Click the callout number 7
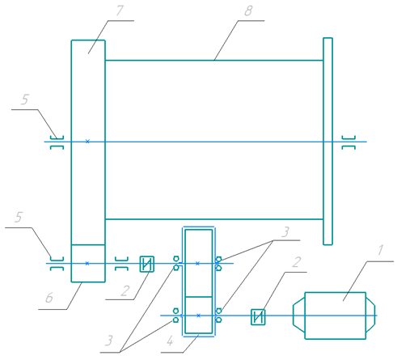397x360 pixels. coord(120,11)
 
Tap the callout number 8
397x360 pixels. coord(248,11)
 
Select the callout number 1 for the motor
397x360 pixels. coord(380,250)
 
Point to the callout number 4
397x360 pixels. coord(170,341)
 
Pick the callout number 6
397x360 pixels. coord(49,298)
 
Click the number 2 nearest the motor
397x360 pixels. coord(297,262)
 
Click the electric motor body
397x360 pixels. coord(334,316)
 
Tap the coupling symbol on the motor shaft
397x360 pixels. coord(258,317)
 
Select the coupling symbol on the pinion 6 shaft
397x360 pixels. coord(147,264)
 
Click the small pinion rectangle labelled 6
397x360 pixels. coord(88,264)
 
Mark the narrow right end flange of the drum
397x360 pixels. coord(327,142)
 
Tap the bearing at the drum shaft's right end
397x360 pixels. coord(348,142)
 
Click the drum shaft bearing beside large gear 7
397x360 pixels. coord(57,142)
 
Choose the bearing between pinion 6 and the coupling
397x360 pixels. coord(121,264)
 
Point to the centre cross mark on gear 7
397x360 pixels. coord(87,142)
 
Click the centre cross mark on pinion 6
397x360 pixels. coord(87,264)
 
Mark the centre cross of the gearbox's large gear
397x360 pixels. coord(197,264)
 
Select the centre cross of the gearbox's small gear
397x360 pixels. coord(198,316)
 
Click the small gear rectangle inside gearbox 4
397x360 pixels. coord(199,316)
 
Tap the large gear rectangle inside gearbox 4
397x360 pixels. coord(199,263)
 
